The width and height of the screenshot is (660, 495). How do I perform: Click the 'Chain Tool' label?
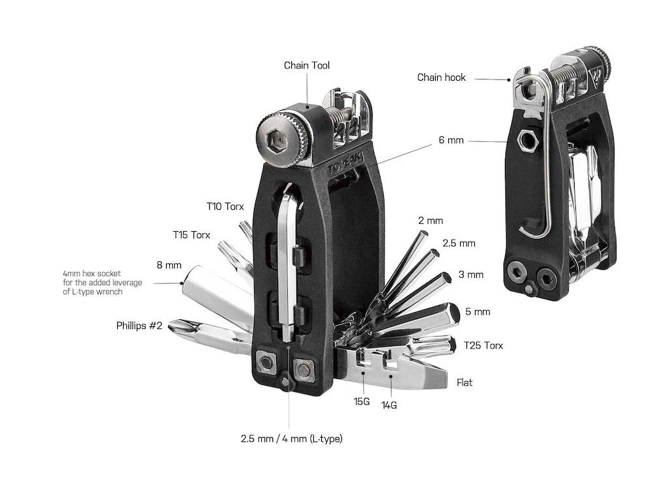tap(306, 65)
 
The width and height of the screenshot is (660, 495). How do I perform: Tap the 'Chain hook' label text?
tap(441, 78)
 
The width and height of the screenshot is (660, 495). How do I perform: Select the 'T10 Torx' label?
tap(225, 206)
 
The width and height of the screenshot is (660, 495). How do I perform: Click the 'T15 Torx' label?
tap(192, 234)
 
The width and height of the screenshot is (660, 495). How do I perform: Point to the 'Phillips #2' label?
tap(139, 326)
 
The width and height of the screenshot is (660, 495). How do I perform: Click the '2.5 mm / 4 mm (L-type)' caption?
tap(291, 438)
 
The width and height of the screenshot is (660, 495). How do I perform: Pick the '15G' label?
tap(362, 402)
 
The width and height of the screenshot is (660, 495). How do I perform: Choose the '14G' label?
tap(389, 405)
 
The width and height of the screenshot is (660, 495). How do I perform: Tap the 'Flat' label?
tap(465, 382)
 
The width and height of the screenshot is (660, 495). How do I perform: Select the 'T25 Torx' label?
tap(483, 345)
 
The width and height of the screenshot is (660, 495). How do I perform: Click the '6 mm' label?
tap(451, 140)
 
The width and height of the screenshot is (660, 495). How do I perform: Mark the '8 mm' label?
tap(169, 265)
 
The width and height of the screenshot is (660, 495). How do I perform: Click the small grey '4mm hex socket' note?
tap(92, 283)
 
